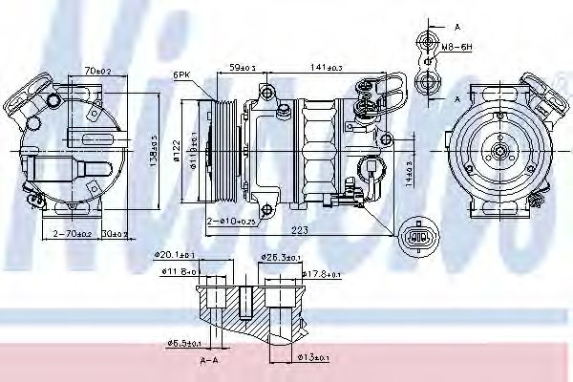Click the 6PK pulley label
click(x=181, y=74)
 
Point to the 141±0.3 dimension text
click(x=328, y=67)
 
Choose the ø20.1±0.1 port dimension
click(x=176, y=255)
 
